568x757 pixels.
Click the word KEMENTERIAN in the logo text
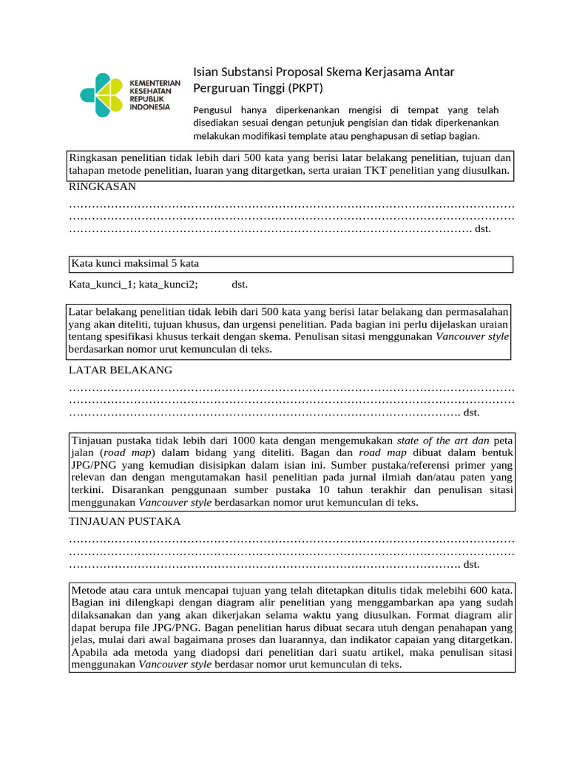[x=155, y=83]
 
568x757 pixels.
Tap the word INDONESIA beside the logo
[x=149, y=106]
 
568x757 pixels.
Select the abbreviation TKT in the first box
[x=369, y=171]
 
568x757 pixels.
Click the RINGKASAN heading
[x=102, y=187]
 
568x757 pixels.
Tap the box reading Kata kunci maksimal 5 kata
[x=291, y=264]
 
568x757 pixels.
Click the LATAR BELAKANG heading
[x=121, y=370]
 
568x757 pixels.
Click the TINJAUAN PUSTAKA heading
[x=125, y=521]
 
